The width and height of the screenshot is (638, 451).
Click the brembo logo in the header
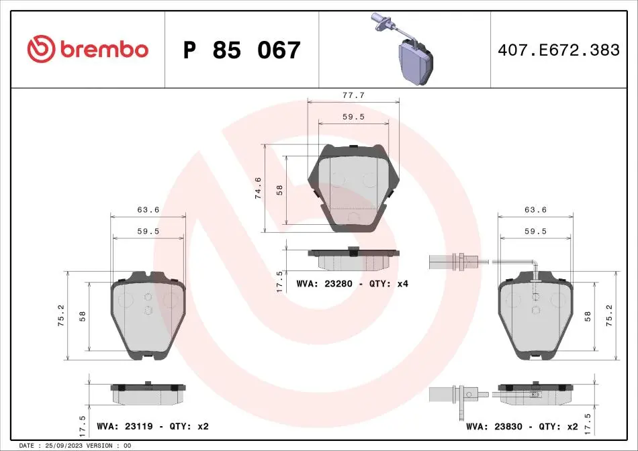tap(87, 49)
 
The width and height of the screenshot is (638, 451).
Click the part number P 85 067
tap(242, 50)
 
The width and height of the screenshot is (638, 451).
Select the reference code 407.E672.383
tap(559, 50)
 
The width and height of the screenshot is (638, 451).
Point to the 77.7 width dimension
tap(353, 95)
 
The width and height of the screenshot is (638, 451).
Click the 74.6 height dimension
tap(258, 188)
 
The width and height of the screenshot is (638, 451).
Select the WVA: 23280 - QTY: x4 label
tap(353, 283)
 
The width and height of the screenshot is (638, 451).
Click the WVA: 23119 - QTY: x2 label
tap(152, 426)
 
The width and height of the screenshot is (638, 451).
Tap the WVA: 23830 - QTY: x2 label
tap(522, 427)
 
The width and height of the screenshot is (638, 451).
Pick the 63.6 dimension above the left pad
tap(148, 210)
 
